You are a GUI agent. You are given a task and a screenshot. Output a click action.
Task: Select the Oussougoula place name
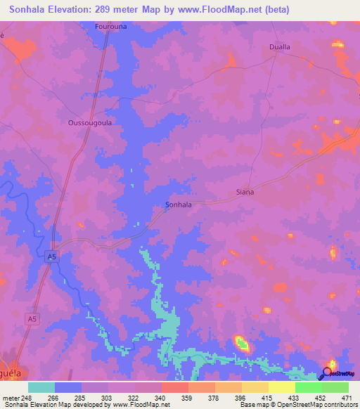(90, 122)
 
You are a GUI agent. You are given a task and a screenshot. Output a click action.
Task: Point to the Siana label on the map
(245, 191)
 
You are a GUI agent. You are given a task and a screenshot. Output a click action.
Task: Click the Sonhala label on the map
(178, 204)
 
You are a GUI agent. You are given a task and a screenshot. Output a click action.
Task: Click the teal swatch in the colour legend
(41, 387)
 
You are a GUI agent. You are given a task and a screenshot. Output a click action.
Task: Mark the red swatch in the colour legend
(174, 387)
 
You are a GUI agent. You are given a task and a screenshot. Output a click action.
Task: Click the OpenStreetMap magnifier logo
(328, 373)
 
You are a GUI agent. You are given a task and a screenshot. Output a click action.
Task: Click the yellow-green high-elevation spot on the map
(241, 344)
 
